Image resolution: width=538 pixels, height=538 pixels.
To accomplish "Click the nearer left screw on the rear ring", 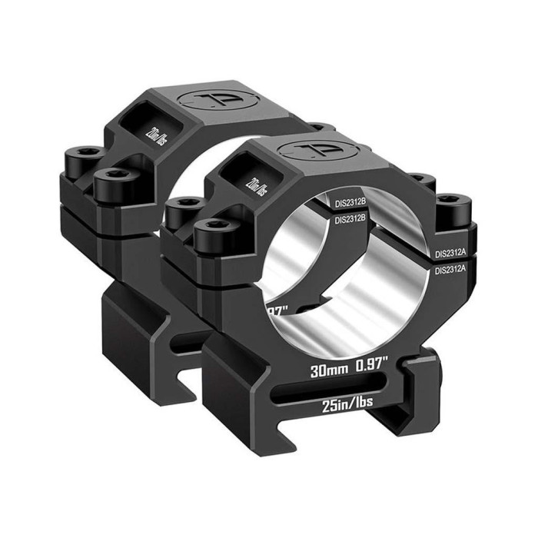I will (x=111, y=181).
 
